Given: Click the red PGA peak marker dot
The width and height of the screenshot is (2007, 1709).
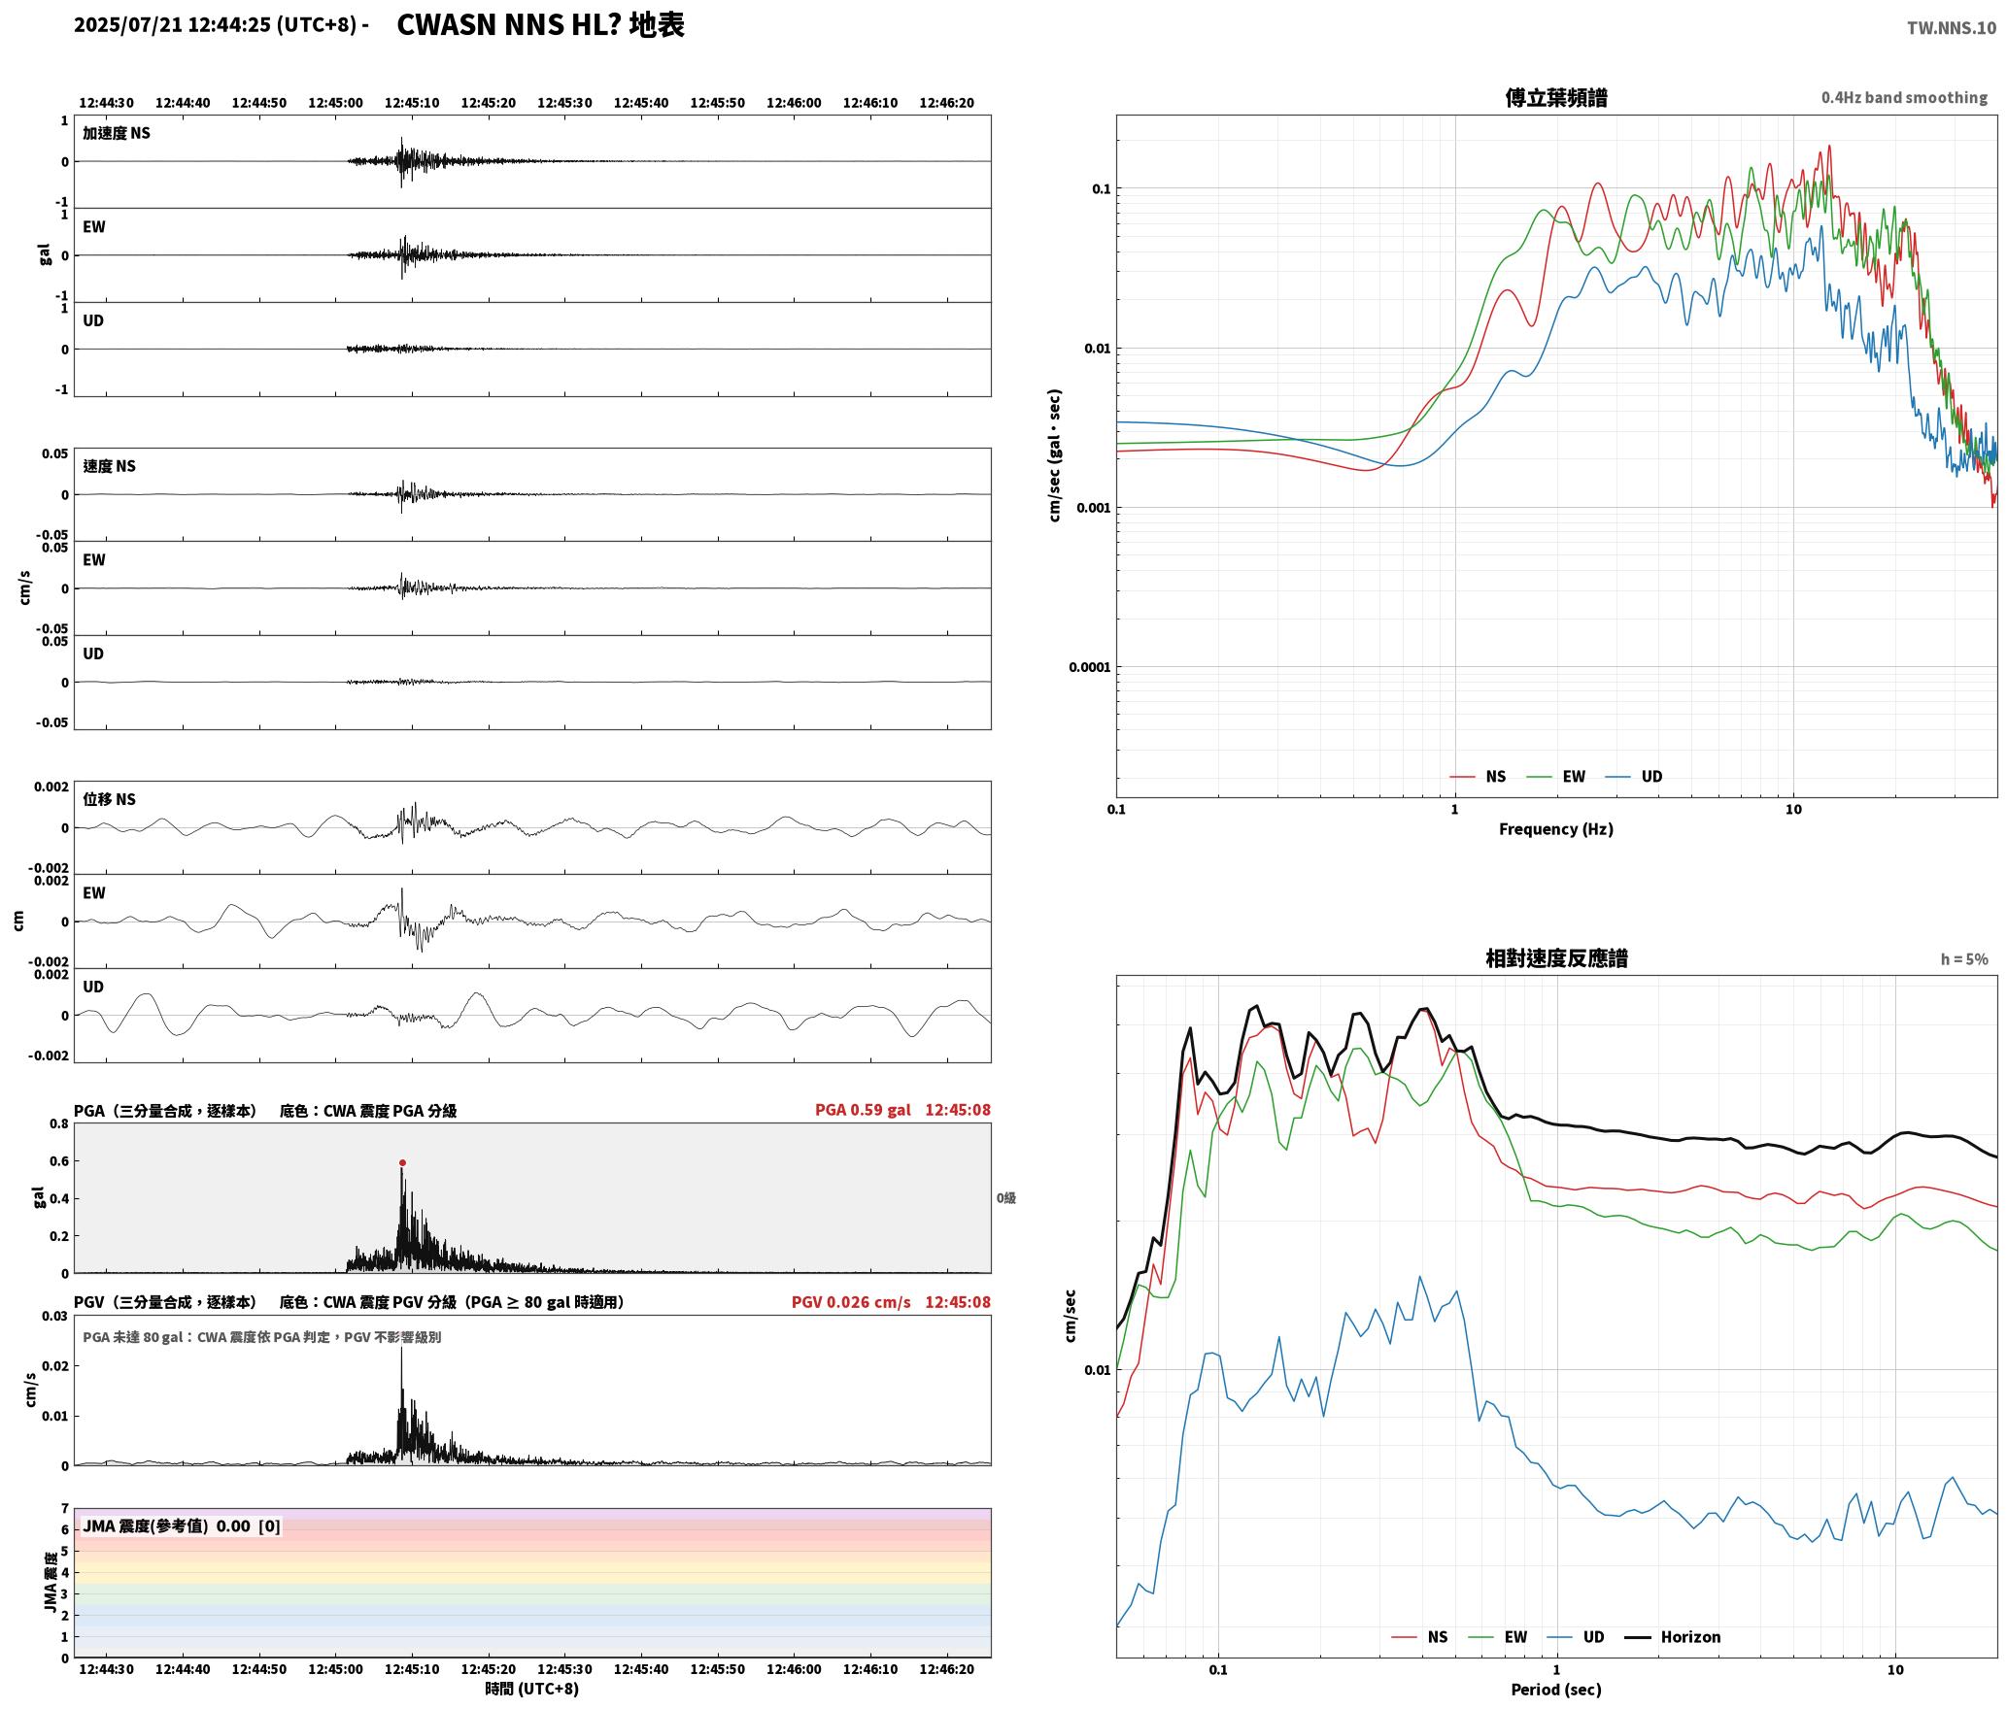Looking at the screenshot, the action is coord(402,1162).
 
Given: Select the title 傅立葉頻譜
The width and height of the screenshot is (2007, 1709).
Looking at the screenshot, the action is coord(1556,97).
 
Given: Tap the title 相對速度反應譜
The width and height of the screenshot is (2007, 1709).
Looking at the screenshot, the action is coord(1556,958).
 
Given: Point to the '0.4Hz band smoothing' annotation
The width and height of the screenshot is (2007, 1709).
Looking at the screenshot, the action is coord(1904,97).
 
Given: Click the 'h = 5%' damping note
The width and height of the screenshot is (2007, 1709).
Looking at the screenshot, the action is coord(1964,959).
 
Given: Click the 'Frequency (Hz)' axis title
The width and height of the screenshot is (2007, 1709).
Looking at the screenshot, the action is coord(1556,829).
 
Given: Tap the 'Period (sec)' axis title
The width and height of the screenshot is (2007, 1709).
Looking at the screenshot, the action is coord(1556,1690).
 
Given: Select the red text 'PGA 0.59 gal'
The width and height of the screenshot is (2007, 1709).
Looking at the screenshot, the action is coord(863,1110).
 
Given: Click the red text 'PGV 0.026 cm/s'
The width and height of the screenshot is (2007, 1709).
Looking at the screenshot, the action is coord(851,1302).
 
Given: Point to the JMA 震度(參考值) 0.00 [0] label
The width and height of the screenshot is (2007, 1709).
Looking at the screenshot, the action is coord(182,1526).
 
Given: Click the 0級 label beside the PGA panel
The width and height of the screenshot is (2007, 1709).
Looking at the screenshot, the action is coord(1006,1198).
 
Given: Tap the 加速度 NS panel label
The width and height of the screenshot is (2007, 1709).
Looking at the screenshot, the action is coord(117,133).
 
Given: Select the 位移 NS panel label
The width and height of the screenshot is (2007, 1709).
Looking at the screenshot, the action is coord(110,799).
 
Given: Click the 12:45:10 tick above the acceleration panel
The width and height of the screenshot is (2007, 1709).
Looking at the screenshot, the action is coord(412,103).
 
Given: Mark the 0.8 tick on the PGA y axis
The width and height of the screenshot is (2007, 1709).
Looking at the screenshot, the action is coord(58,1124).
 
